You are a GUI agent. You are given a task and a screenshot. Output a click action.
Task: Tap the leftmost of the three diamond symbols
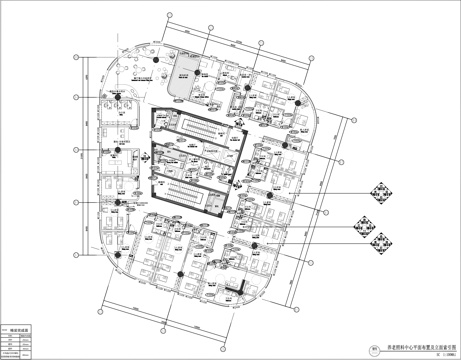click(x=362, y=223)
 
